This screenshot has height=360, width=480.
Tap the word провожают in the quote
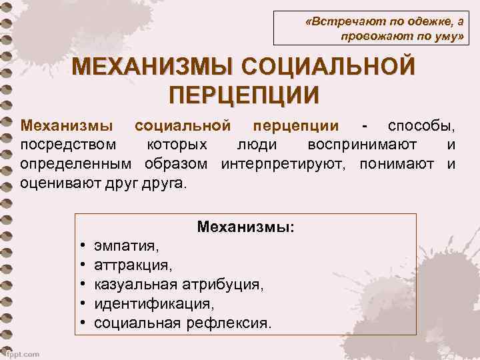[x=371, y=39]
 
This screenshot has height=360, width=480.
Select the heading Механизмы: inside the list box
[x=246, y=227]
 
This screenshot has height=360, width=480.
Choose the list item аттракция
[x=133, y=265]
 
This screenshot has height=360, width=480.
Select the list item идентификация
[x=154, y=304]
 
